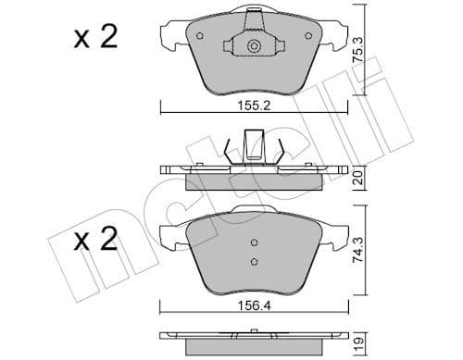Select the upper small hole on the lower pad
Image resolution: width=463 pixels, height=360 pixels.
254,245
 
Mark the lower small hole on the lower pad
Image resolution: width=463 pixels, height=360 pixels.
254,262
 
